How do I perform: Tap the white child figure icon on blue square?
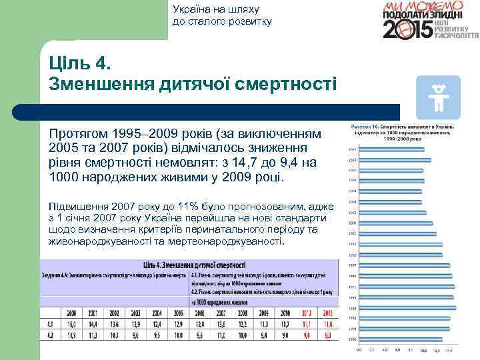[x=437, y=97]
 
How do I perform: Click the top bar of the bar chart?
[x=398, y=149]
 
